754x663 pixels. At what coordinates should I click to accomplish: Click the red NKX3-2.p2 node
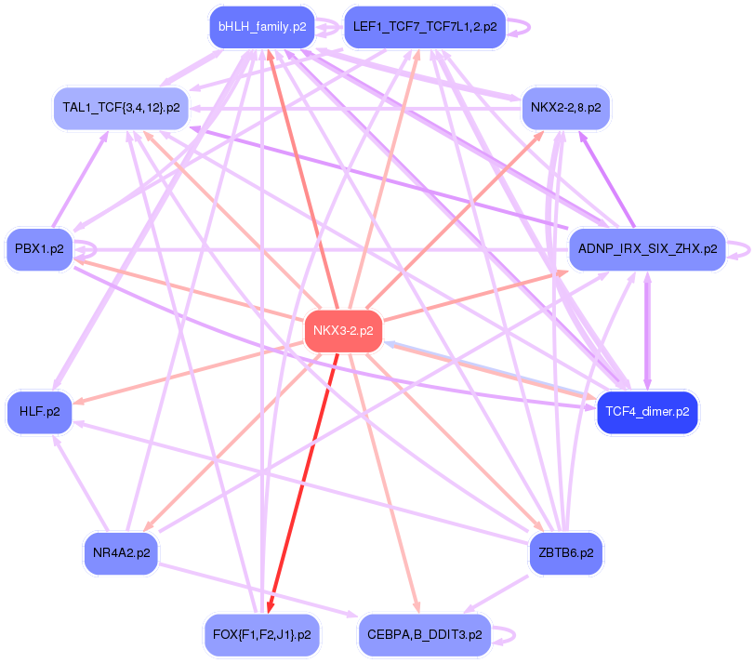343,330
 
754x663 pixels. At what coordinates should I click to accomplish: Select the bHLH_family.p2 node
261,27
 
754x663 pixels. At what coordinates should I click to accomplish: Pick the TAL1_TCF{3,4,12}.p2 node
121,107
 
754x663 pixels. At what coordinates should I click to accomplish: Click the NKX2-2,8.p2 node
564,108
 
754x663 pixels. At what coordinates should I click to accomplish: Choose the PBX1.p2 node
39,249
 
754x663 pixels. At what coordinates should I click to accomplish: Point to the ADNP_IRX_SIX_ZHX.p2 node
647,249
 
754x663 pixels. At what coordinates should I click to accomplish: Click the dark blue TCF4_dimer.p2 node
647,411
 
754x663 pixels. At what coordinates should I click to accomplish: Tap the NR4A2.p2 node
122,553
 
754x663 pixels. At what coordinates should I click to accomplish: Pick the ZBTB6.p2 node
565,553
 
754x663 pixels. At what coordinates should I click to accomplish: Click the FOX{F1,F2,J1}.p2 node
261,634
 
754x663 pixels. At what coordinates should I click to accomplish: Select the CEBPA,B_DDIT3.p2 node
424,634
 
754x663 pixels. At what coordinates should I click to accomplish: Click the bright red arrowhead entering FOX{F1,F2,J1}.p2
269,607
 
